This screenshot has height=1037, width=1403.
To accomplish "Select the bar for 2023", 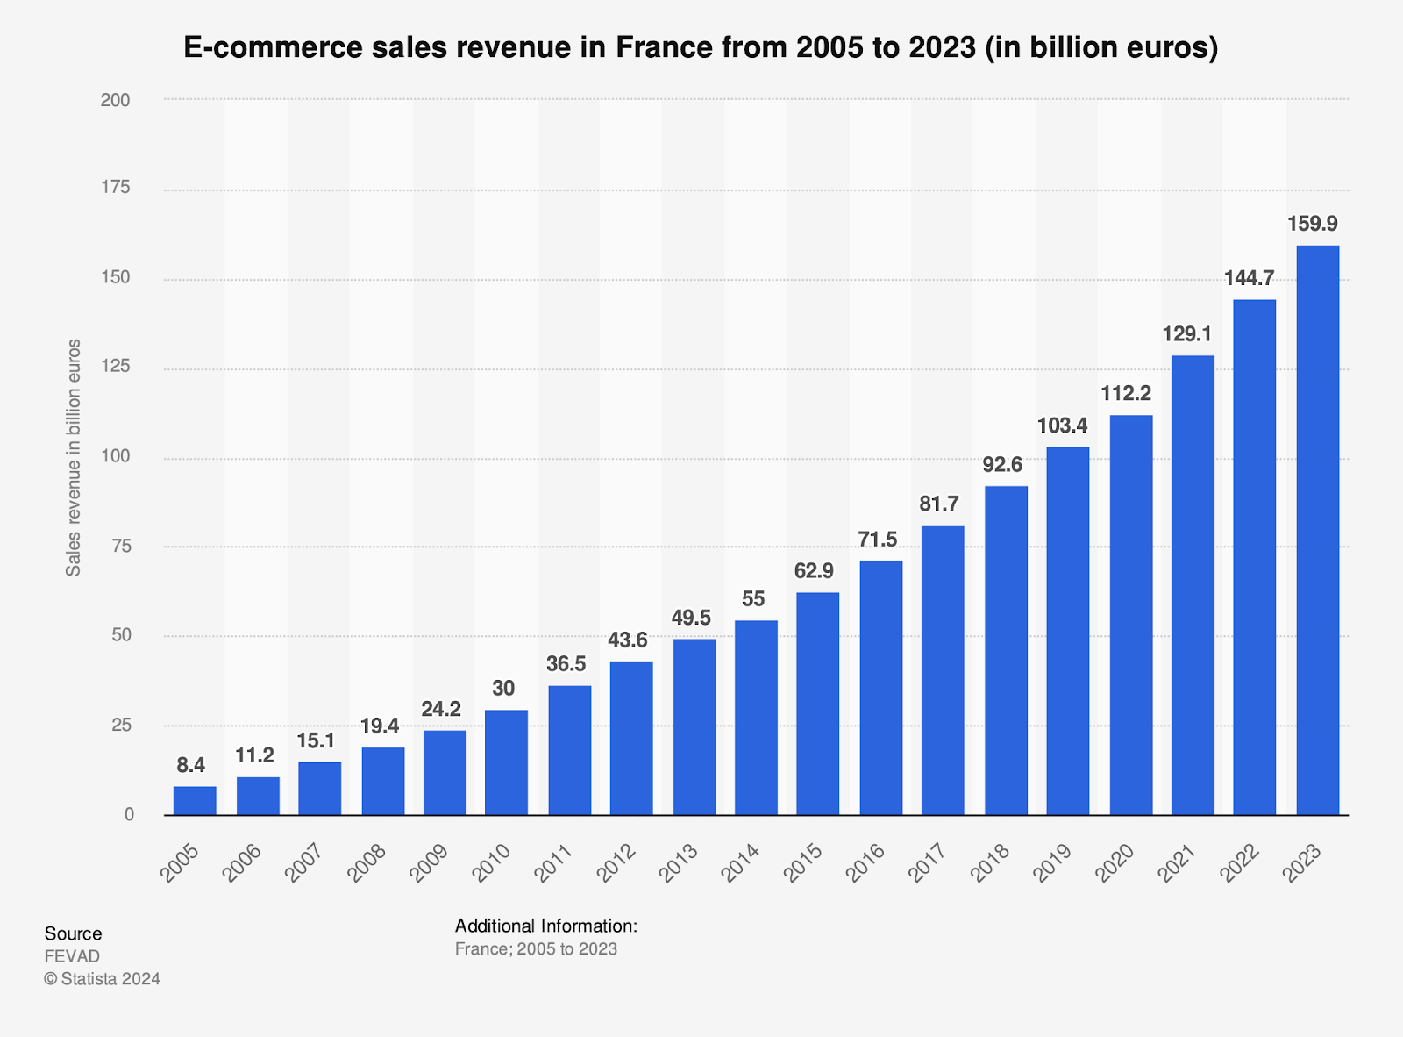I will point(1317,530).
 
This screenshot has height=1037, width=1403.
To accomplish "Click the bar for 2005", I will point(195,800).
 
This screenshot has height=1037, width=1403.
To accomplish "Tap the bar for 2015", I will point(817,704).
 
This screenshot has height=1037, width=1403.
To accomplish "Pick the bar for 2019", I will point(1067,631).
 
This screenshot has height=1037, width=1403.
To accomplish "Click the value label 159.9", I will point(1312,224).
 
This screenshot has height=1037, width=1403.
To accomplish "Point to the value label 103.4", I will point(1062,426).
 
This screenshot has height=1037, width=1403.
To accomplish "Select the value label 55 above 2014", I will point(753,599).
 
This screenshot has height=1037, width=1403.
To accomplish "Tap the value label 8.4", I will point(190,765).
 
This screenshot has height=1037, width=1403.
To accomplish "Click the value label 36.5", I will point(566,664).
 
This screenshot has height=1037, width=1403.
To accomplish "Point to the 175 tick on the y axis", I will point(115,187).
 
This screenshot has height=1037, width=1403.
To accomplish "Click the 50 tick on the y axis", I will point(120,635).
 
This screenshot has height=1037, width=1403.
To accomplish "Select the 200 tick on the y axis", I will point(115,100).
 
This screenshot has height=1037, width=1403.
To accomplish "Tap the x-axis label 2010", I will point(492,863).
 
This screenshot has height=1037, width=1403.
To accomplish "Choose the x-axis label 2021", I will point(1178,863).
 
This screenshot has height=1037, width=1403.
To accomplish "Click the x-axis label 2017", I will point(928,863).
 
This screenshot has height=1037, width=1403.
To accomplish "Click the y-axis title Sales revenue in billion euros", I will point(74,457).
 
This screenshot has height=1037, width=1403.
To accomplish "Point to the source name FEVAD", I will point(72,956).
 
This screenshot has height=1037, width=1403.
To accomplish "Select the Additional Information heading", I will point(545,926).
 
